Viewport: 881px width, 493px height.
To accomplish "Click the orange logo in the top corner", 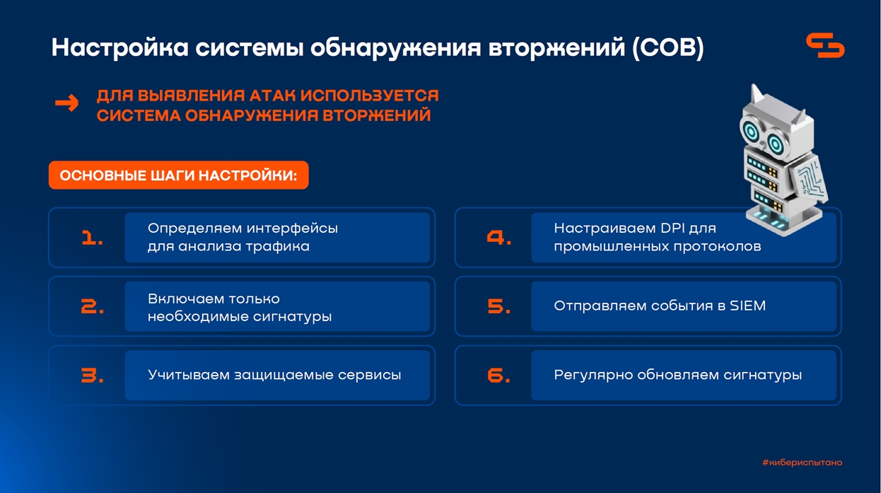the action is click(x=825, y=46).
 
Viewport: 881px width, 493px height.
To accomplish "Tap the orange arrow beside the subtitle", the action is click(x=67, y=103).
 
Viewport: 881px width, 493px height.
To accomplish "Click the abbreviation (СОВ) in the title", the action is click(x=668, y=47).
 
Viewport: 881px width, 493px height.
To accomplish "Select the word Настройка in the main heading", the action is click(x=120, y=47).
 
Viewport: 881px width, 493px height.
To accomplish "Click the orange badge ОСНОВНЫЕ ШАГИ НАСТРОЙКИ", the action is click(x=179, y=175).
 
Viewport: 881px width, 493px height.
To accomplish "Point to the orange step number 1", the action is click(x=92, y=238).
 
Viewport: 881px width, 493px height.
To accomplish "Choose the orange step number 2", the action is click(x=93, y=306).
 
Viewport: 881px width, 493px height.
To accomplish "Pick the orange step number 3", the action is click(x=93, y=376).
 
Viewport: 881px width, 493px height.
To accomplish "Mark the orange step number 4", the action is click(x=498, y=238).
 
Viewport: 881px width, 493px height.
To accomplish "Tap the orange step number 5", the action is click(x=498, y=306).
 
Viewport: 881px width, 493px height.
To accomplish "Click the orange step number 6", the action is click(x=498, y=376).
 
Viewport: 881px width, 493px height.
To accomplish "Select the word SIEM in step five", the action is click(x=748, y=306).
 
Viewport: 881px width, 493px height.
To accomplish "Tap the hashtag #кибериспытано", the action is click(x=803, y=463).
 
